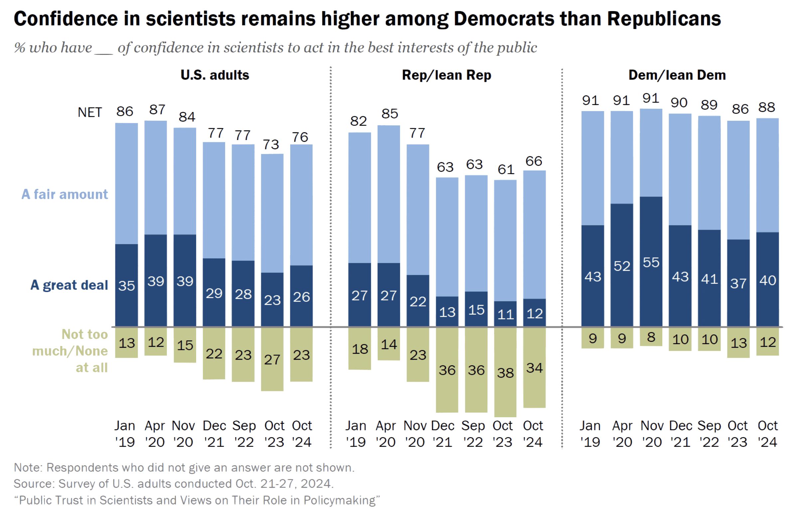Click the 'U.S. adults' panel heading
(215, 75)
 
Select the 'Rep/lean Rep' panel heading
(446, 75)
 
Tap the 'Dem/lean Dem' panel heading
(677, 75)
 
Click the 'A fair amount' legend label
(65, 194)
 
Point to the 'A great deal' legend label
(69, 285)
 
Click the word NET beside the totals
(90, 112)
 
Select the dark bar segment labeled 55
(651, 262)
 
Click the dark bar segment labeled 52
(622, 265)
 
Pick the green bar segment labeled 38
(505, 372)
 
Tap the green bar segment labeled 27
(272, 359)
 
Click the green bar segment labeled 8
(651, 337)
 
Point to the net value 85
(390, 114)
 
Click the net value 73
(271, 144)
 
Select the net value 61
(506, 170)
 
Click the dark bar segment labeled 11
(505, 314)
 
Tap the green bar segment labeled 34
(534, 368)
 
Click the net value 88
(767, 107)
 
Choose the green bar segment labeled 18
(360, 348)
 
